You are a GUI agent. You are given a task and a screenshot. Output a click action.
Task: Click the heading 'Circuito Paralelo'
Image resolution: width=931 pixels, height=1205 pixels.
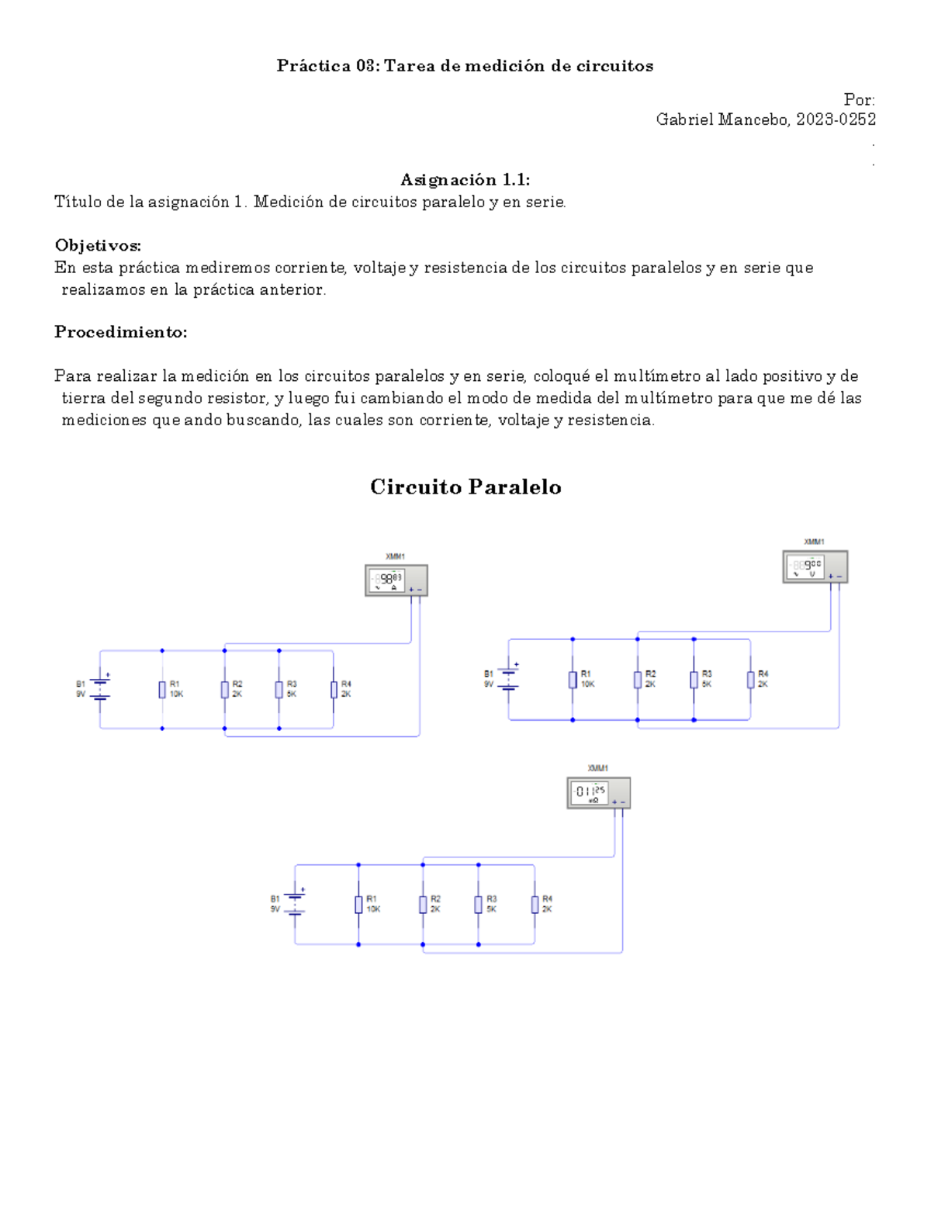click(465, 487)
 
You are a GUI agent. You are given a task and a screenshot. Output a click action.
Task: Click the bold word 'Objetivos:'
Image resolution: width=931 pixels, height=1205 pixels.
click(98, 245)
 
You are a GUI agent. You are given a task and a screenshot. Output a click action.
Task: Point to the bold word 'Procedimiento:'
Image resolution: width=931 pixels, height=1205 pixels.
click(120, 332)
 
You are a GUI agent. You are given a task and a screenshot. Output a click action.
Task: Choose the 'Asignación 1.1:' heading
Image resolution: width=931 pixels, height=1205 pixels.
click(465, 180)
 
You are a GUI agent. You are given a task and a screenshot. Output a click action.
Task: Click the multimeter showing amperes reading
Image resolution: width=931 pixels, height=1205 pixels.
click(396, 580)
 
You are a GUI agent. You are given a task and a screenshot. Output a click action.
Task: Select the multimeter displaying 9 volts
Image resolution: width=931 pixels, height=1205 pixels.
click(815, 566)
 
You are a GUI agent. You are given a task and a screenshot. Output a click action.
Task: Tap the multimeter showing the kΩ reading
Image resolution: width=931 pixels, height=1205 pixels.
click(598, 793)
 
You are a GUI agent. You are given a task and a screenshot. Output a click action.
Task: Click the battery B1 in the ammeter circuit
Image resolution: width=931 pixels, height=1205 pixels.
click(100, 689)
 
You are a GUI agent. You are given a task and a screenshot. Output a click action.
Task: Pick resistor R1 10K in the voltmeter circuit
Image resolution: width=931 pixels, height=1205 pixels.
click(573, 680)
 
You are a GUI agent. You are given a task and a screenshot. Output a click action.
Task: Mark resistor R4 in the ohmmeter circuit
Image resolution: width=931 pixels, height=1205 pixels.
click(535, 904)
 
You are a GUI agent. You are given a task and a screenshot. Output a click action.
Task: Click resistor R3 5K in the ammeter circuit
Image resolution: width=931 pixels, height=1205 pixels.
click(279, 689)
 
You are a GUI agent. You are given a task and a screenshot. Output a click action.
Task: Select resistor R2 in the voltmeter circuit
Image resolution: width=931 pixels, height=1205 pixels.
click(638, 680)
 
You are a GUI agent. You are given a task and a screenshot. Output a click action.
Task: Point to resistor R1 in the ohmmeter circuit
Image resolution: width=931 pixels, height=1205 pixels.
click(358, 904)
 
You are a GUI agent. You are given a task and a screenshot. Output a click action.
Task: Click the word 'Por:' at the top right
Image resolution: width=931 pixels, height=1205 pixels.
click(859, 100)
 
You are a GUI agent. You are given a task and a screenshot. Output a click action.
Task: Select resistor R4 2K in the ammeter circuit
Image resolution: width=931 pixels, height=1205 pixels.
click(334, 689)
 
